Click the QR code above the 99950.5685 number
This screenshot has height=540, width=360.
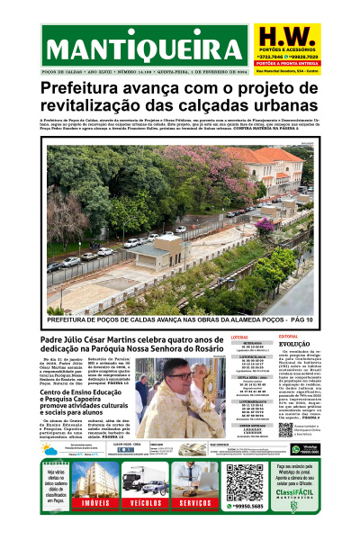point(244,481)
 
